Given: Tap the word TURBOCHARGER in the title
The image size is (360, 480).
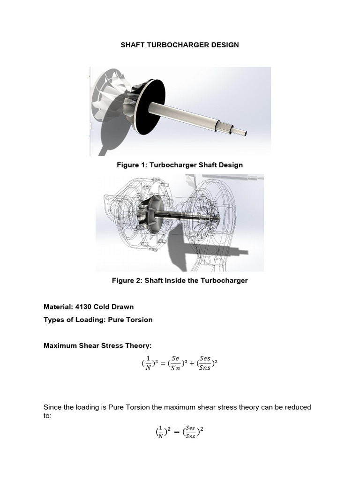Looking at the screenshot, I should (180, 45).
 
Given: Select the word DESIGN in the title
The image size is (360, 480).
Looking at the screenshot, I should (225, 45).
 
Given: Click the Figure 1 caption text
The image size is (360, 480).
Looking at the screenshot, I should (180, 165).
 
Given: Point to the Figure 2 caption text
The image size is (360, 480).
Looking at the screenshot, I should (180, 280).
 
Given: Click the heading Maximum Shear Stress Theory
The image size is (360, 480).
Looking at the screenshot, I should (97, 346).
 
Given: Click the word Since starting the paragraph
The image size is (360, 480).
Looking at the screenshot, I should (53, 407).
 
